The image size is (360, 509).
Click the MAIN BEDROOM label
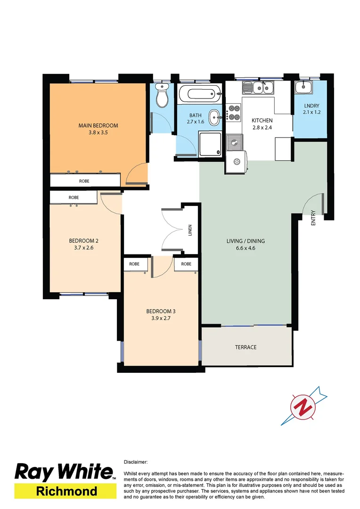pos(98,125)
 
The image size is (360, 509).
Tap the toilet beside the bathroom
pos(162,97)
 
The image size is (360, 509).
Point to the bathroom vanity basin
pos(214,117)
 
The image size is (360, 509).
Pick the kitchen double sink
pos(258,88)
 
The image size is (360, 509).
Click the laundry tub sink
pos(303,88)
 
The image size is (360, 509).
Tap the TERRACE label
pos(246,347)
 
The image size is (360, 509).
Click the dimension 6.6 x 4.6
pos(245,248)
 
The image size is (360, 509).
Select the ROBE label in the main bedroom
pos(84,181)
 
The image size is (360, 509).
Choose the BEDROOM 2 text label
pos(83,240)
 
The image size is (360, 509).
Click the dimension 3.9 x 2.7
pos(161,318)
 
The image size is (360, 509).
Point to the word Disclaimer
pos(136,462)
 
